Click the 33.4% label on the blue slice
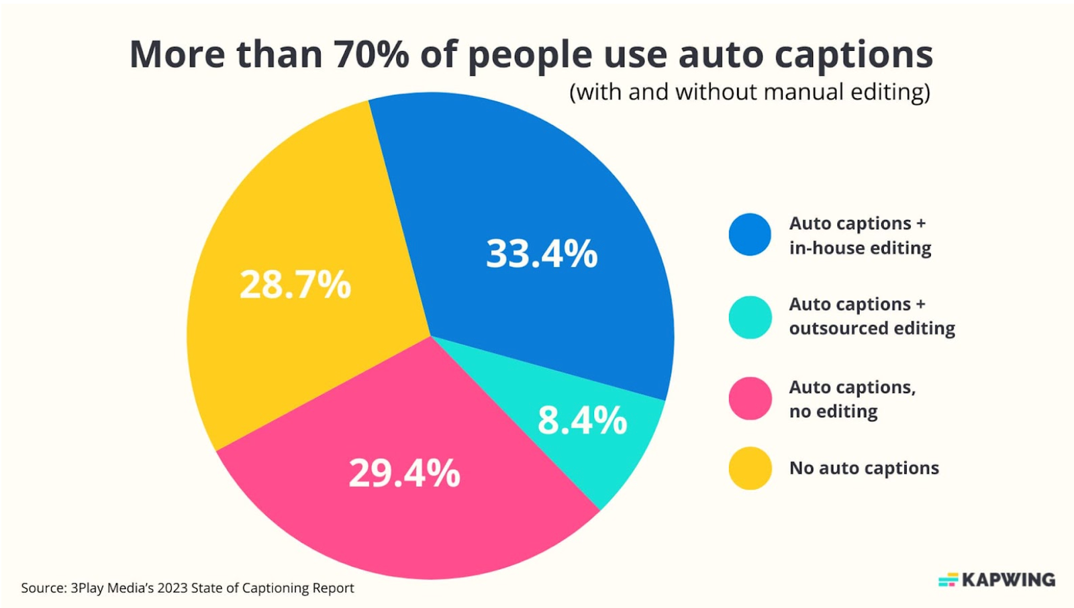pyautogui.click(x=541, y=254)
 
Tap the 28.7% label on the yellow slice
pyautogui.click(x=295, y=285)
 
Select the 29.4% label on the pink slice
pyautogui.click(x=404, y=473)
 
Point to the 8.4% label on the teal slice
pyautogui.click(x=582, y=421)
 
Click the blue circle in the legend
pyautogui.click(x=750, y=235)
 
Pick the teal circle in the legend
pyautogui.click(x=750, y=317)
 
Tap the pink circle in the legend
pyautogui.click(x=750, y=399)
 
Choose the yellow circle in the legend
pyautogui.click(x=750, y=468)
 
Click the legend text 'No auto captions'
pyautogui.click(x=864, y=468)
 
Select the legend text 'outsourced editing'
pyautogui.click(x=871, y=328)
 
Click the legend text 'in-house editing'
pyautogui.click(x=860, y=248)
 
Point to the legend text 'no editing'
pyautogui.click(x=833, y=411)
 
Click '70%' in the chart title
pyautogui.click(x=371, y=54)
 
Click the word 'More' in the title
pyautogui.click(x=177, y=54)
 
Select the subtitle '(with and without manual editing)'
pyautogui.click(x=750, y=92)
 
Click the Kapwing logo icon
pyautogui.click(x=948, y=580)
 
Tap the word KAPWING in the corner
pyautogui.click(x=1008, y=580)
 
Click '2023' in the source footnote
pyautogui.click(x=173, y=588)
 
